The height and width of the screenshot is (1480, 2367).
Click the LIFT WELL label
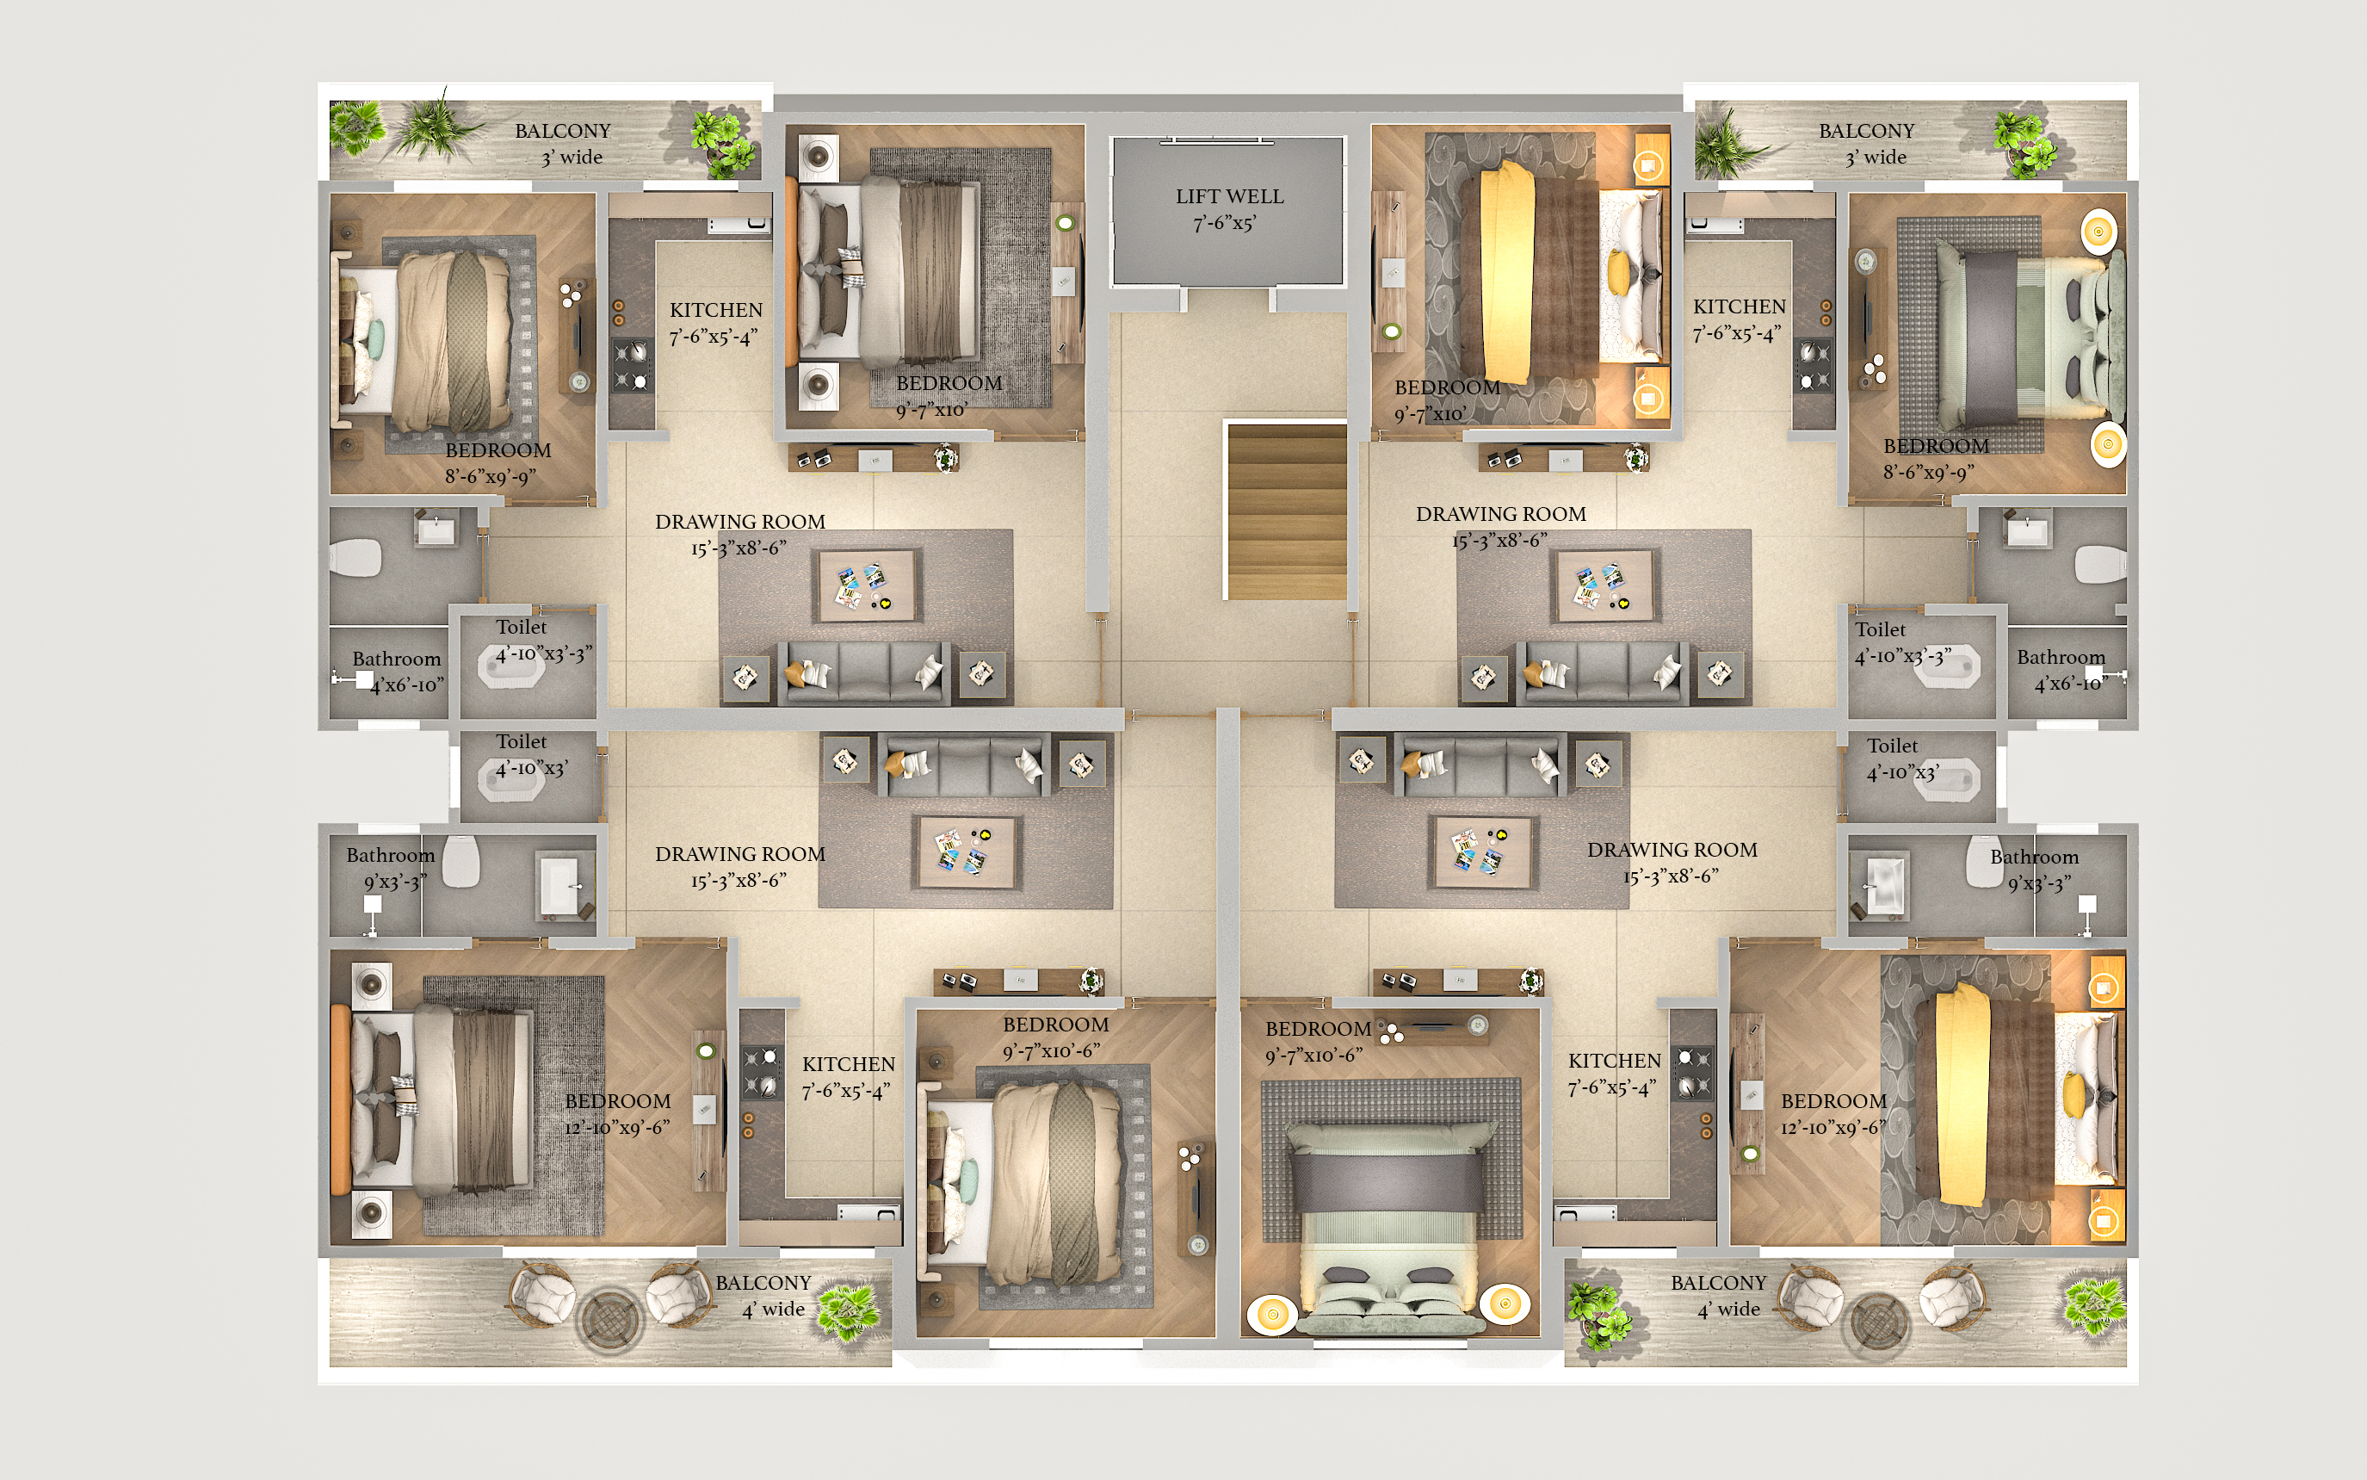[x=1229, y=209]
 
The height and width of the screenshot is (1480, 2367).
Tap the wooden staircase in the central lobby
[x=1287, y=511]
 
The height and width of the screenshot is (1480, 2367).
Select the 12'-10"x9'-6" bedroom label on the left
[x=617, y=1114]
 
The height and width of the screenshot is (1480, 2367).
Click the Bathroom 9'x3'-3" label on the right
[x=2034, y=870]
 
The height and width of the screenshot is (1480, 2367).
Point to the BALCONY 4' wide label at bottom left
[x=763, y=1296]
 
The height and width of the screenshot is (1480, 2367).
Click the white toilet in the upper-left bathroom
[x=355, y=559]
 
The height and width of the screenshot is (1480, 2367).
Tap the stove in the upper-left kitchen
[x=631, y=365]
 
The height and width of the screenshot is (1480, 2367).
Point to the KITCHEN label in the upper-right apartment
[x=1739, y=307]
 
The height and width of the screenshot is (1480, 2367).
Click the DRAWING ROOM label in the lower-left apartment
[x=739, y=855]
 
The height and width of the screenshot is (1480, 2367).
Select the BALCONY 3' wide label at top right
[x=1866, y=144]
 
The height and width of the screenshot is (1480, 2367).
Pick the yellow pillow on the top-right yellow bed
[x=1619, y=273]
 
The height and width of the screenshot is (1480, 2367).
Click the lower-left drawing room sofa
[x=964, y=764]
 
